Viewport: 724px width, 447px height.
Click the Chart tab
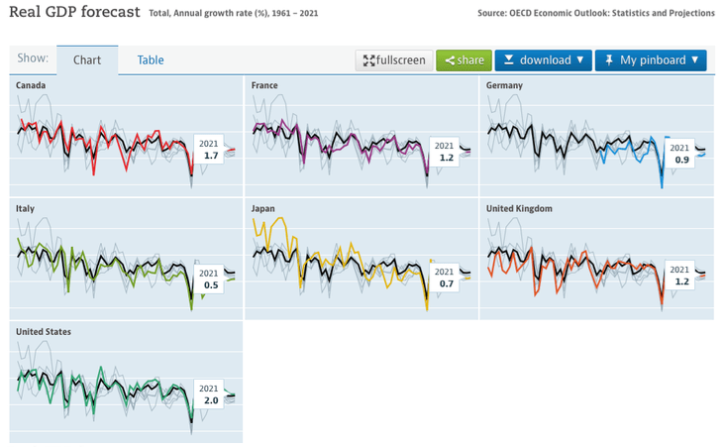click(x=87, y=59)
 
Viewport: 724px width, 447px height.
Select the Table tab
click(x=151, y=59)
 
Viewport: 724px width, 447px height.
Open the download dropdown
click(x=543, y=59)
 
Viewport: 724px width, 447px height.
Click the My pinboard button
click(x=650, y=59)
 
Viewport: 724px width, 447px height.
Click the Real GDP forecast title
click(x=73, y=12)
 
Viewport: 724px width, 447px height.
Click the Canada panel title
click(x=31, y=86)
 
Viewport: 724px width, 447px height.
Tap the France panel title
click(x=264, y=86)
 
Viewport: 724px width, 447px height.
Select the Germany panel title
click(x=504, y=86)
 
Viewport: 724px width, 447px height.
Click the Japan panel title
click(x=262, y=209)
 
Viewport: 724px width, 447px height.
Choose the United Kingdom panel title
click(x=519, y=209)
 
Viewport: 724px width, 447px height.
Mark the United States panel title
click(x=44, y=332)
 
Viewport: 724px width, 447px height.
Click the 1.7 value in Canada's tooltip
click(x=210, y=156)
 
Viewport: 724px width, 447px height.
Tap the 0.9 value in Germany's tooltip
click(x=681, y=160)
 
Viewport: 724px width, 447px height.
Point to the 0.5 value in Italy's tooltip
click(x=210, y=285)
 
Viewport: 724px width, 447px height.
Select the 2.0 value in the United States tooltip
click(x=210, y=400)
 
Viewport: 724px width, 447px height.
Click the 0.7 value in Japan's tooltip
click(x=445, y=283)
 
